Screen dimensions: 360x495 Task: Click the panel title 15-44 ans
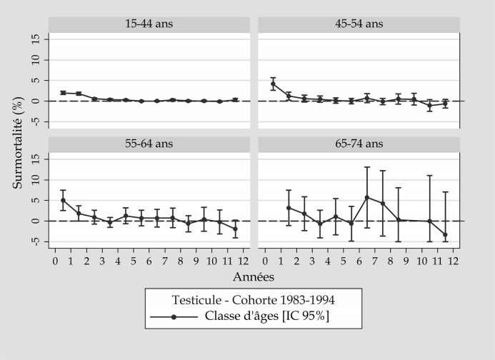[x=149, y=24]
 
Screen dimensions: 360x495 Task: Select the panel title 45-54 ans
[x=359, y=24]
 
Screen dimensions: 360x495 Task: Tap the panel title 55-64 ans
[x=149, y=144]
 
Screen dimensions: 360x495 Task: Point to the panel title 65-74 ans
[x=359, y=144]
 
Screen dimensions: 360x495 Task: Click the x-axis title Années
[x=254, y=275]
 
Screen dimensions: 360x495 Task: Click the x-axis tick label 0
[x=55, y=260]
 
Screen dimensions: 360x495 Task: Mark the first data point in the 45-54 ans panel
[x=273, y=84]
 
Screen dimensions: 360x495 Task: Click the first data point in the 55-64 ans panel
[x=63, y=200]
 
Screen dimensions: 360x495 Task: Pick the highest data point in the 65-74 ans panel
[x=366, y=197]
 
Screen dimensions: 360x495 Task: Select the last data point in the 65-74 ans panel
[x=445, y=234]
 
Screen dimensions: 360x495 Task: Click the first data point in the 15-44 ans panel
[x=63, y=93]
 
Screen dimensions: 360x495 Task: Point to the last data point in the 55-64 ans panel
[x=235, y=229]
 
